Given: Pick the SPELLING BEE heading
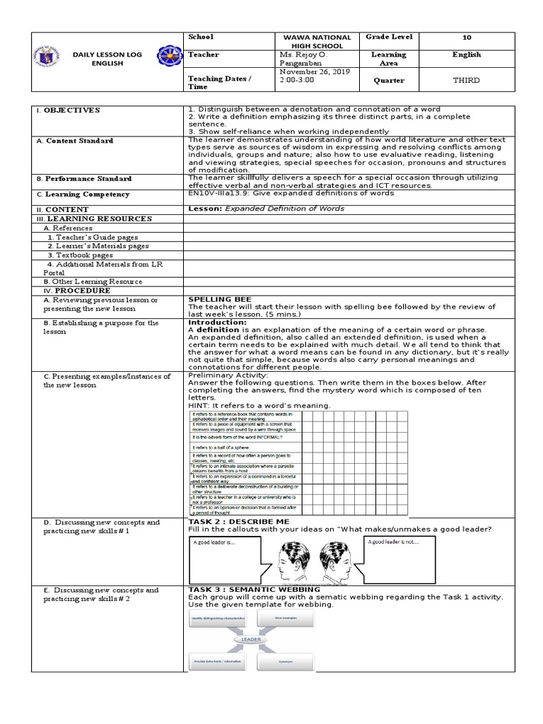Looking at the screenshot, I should [219, 299].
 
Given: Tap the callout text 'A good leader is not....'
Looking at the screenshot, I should [392, 542].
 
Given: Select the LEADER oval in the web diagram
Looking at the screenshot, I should [251, 639].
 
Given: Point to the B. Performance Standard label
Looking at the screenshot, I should [88, 179].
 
